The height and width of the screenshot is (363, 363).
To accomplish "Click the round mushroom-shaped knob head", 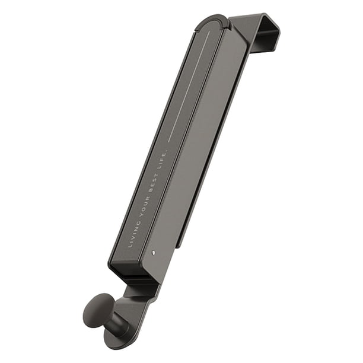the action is (96, 308).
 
